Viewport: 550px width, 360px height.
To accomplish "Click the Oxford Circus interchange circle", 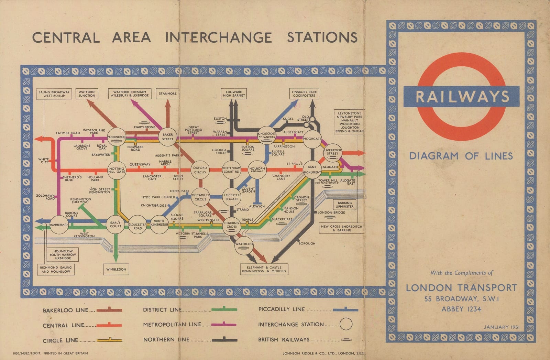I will point(200,170).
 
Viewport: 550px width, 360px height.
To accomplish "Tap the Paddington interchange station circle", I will point(117,137).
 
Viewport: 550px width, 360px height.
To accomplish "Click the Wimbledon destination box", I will point(116,269).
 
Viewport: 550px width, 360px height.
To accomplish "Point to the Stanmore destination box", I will point(168,94).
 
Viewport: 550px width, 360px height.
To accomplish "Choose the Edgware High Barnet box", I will point(234,94).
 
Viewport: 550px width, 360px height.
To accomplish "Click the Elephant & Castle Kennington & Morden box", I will point(264,269).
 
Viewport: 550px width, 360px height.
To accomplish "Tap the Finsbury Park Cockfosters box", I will point(304,94).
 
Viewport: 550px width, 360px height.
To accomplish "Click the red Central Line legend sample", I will point(109,325).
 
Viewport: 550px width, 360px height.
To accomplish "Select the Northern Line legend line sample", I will point(224,340).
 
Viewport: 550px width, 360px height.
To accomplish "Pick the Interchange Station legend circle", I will point(346,324).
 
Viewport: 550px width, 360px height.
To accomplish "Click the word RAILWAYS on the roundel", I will point(462,97).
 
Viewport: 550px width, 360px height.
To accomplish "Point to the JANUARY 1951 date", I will point(501,327).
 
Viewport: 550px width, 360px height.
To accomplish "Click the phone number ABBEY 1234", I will point(461,309).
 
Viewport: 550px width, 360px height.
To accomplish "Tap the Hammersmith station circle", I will point(59,225).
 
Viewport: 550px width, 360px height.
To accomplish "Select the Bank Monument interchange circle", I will point(312,170).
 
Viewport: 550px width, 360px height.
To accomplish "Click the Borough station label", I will point(307,243).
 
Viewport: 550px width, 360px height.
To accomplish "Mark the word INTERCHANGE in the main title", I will point(219,37).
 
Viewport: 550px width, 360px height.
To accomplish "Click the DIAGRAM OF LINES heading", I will point(461,156).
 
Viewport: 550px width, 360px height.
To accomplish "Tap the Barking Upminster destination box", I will point(344,205).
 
